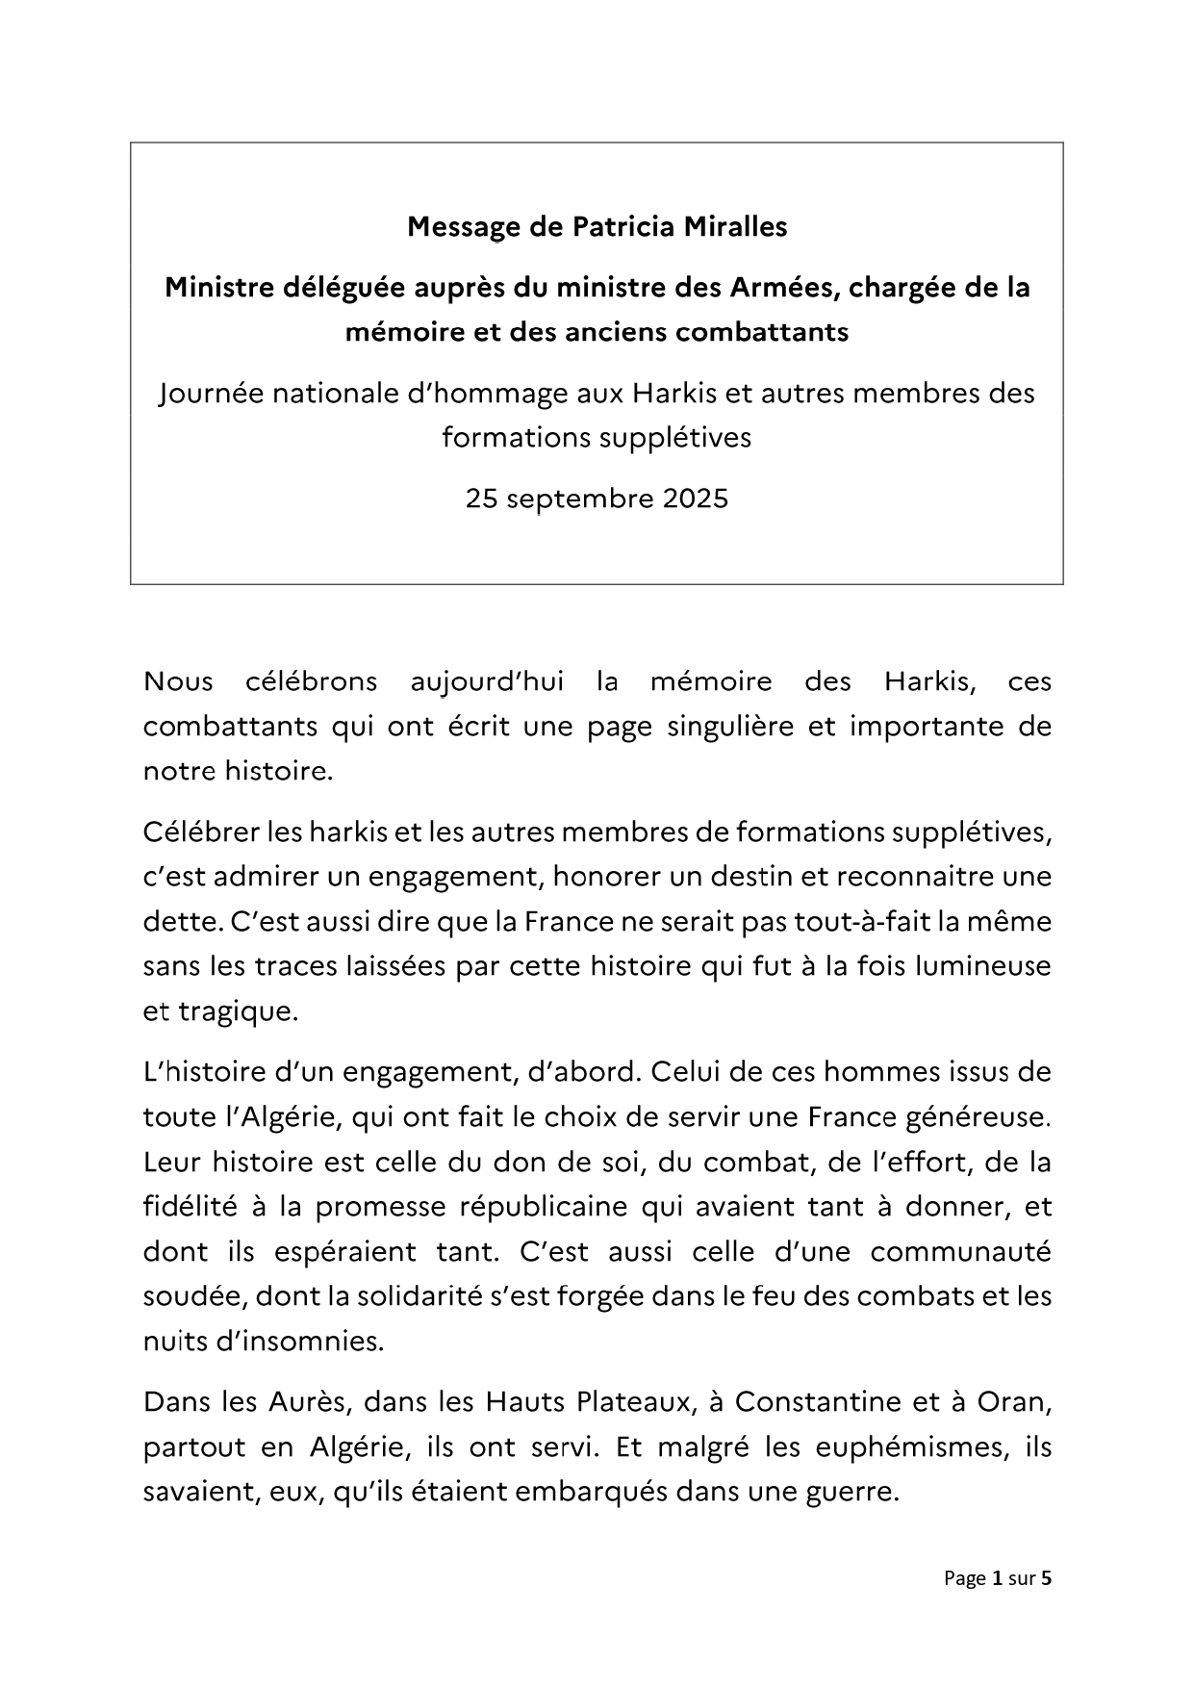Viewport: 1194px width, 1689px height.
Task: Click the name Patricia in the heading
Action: [x=623, y=226]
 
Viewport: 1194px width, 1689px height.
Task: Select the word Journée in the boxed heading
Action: [x=209, y=394]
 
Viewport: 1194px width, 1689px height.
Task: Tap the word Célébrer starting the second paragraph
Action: [x=197, y=832]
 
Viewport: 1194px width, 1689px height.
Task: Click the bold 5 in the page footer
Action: [x=1047, y=1578]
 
